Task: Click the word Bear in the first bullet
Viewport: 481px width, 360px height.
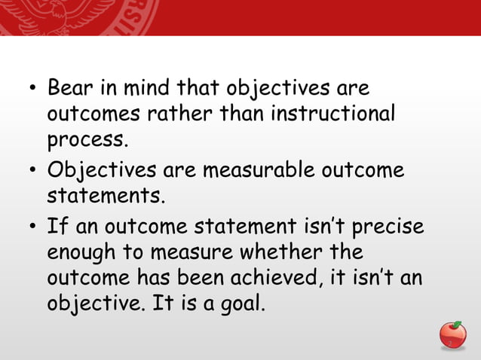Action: pos(69,89)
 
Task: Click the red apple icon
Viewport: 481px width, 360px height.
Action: pos(453,337)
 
